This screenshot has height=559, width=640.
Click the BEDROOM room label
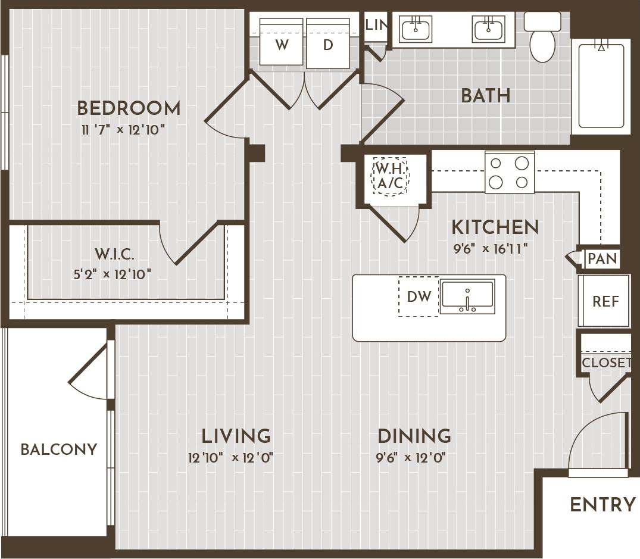(129, 108)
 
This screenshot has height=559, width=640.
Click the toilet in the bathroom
(542, 39)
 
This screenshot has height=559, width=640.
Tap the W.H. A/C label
(390, 176)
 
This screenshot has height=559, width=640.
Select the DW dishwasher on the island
(419, 296)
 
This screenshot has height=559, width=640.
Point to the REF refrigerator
(605, 301)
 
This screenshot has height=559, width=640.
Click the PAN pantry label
(602, 259)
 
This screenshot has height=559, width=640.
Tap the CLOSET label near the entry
(606, 363)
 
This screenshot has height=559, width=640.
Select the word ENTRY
(602, 505)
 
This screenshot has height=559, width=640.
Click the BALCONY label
(58, 449)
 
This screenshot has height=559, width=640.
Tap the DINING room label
(414, 436)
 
